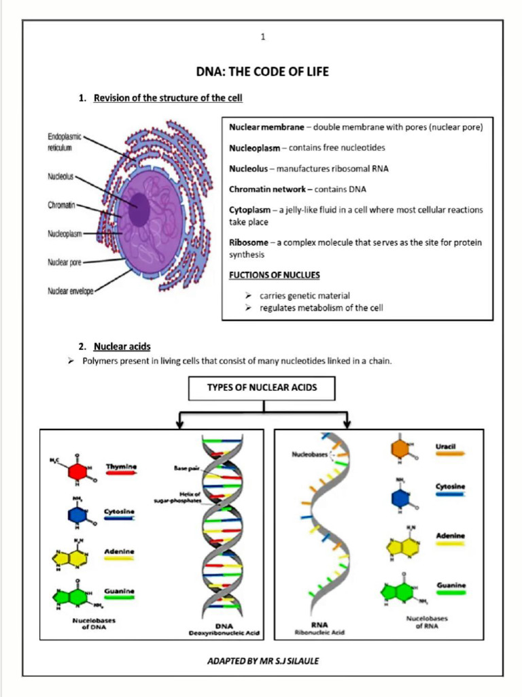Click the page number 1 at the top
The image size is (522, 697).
(262, 37)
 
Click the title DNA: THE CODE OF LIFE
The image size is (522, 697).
(262, 71)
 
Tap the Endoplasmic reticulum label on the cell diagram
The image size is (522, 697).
(65, 142)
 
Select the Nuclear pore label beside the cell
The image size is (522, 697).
(65, 262)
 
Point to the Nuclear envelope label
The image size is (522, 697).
(69, 291)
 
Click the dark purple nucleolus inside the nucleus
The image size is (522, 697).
(139, 209)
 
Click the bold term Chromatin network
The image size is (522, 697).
(266, 189)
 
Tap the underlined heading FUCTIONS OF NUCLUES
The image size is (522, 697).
(274, 274)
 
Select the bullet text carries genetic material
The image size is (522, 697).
(304, 295)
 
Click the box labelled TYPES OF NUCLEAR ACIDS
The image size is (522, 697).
(262, 388)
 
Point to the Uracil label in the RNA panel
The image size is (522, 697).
(445, 447)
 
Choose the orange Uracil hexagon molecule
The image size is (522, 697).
(400, 449)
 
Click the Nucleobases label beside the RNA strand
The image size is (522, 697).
(309, 453)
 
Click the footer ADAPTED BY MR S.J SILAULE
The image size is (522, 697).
(262, 661)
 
